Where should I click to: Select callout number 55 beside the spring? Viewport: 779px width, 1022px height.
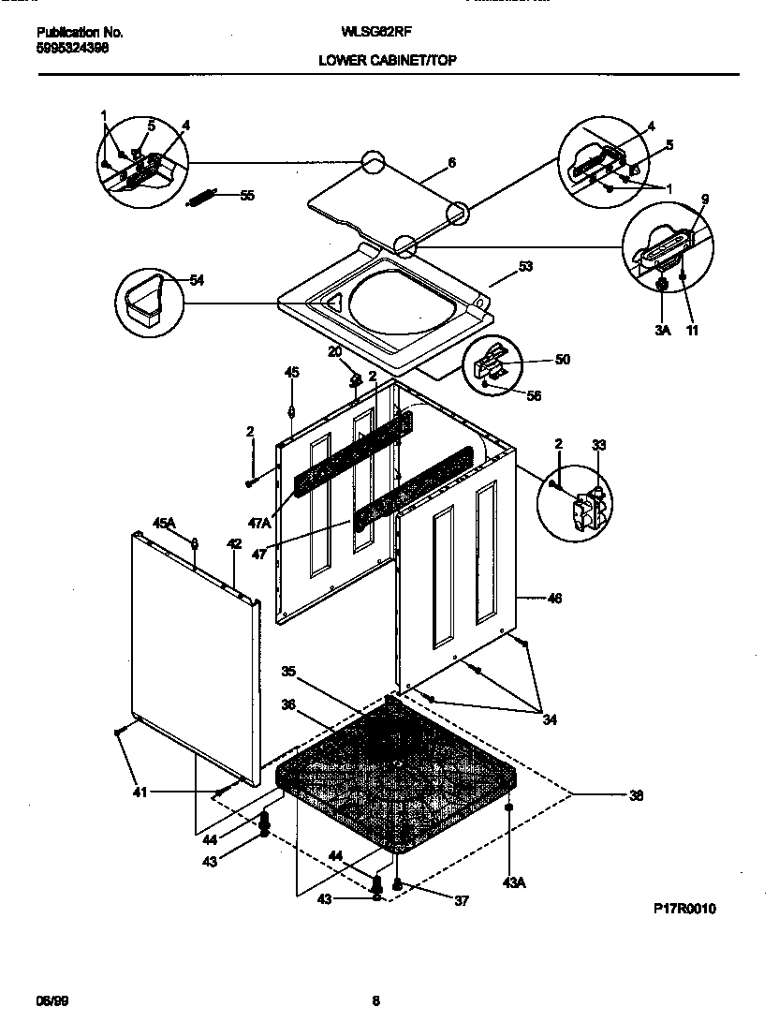(x=247, y=196)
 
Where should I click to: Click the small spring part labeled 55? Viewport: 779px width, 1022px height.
(x=203, y=198)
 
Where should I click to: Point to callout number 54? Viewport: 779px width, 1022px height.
(x=197, y=280)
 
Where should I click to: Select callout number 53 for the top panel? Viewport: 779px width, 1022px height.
(x=525, y=267)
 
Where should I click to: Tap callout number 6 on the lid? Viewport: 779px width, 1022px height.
(x=451, y=162)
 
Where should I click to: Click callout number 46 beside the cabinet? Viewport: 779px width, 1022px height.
(x=554, y=598)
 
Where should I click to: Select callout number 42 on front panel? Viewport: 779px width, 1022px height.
(x=234, y=543)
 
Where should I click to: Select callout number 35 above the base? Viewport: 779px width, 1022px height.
(x=288, y=671)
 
